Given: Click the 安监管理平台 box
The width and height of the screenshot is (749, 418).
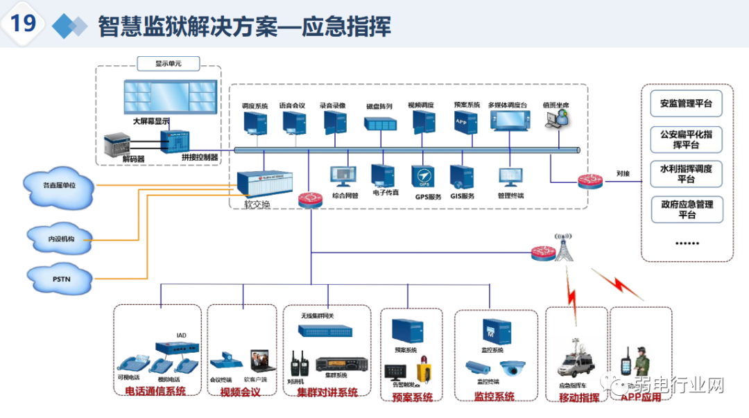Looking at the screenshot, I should [x=686, y=104].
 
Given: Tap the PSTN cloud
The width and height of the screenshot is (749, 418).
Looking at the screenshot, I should [x=61, y=279].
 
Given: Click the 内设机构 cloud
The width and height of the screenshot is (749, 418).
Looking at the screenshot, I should [x=61, y=238].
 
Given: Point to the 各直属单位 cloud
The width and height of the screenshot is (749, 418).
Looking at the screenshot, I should [x=59, y=186].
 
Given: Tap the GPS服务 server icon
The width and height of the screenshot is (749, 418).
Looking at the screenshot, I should [x=424, y=176].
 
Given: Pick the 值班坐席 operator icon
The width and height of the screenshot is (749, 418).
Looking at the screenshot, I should [x=556, y=120].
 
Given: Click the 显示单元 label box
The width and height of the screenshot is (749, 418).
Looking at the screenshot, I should [x=168, y=64].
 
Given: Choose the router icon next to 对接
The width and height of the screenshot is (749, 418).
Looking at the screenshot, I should [x=591, y=181].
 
